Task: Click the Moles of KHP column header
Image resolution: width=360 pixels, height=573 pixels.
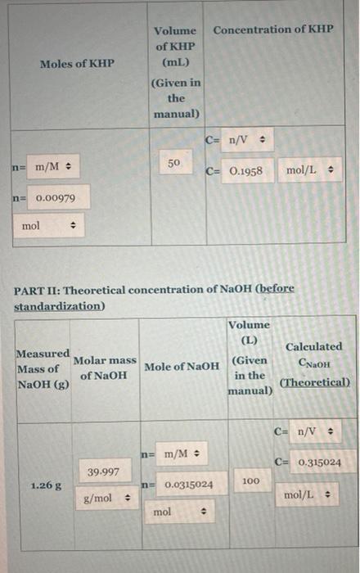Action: tap(78, 63)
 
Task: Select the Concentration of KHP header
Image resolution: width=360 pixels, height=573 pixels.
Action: tap(273, 29)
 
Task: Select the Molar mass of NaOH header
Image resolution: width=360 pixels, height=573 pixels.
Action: tap(105, 368)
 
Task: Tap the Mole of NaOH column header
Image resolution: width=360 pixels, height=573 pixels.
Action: tap(181, 366)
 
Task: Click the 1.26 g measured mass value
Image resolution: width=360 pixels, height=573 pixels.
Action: tap(43, 485)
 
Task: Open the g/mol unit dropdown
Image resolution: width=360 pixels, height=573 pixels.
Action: tap(106, 497)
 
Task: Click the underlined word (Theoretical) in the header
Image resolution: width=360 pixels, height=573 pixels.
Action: tap(314, 382)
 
